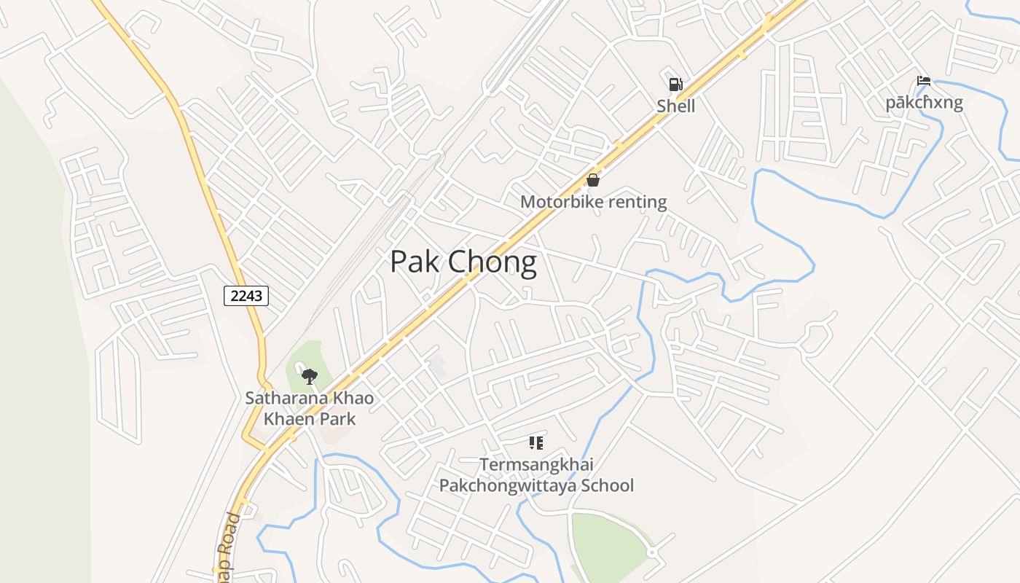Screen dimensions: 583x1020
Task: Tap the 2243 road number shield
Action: coord(246,295)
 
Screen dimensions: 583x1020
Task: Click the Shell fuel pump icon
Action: coord(675,85)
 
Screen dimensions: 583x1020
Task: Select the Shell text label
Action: coord(675,106)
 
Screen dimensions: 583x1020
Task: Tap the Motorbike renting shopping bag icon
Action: coord(593,180)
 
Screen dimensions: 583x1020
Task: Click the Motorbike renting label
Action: coord(593,202)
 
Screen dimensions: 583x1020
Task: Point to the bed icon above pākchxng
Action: coord(924,81)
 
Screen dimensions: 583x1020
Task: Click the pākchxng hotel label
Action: coord(924,102)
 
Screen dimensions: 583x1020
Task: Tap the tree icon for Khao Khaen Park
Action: coord(310,377)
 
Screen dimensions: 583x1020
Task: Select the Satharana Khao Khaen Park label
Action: coord(310,409)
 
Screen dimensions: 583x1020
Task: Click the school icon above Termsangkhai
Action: coord(536,442)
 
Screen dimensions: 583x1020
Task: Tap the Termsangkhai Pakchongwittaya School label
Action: coord(536,475)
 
